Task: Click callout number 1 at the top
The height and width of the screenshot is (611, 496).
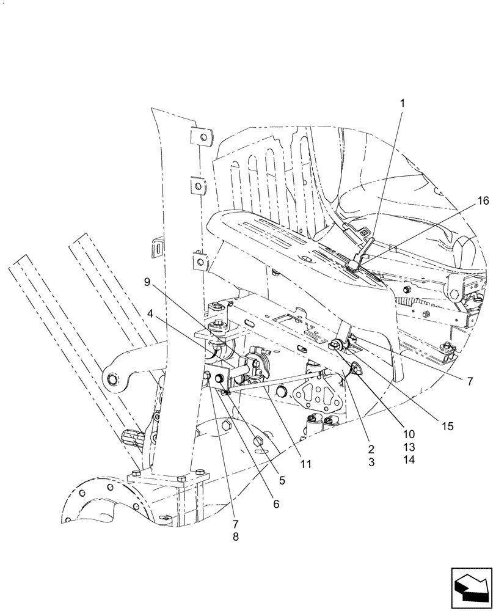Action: (402, 103)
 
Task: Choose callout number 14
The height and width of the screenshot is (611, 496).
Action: (409, 459)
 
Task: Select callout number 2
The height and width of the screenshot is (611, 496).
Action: (371, 450)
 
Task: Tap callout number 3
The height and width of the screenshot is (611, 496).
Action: (371, 463)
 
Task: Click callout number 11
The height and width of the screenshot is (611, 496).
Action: (305, 464)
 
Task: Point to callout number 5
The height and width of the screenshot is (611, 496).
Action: (281, 480)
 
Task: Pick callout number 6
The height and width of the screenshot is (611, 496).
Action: (276, 504)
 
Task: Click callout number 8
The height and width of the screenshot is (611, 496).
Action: (236, 536)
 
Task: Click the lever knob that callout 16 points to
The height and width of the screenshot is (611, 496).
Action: (354, 264)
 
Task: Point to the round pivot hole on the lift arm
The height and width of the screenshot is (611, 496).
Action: (113, 381)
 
